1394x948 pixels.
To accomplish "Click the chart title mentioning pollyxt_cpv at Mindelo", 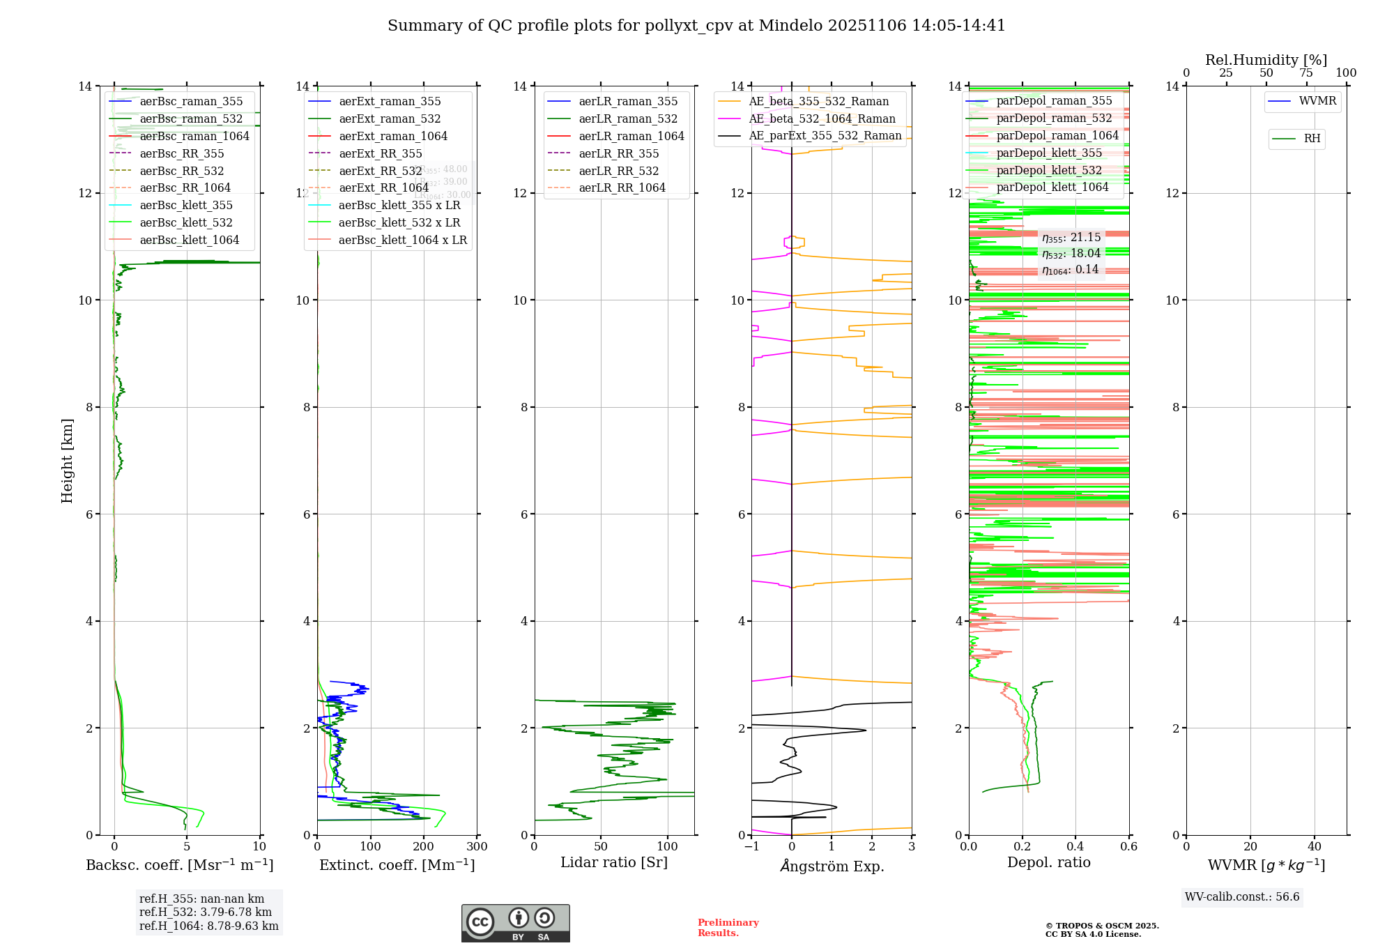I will point(696,26).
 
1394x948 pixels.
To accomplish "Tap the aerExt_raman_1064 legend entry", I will point(392,136).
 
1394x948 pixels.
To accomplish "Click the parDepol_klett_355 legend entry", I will point(1048,153).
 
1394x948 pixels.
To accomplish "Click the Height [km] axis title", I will point(67,460).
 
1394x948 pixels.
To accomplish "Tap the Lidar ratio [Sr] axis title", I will point(613,862).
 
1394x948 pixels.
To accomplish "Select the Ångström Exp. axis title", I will point(832,866).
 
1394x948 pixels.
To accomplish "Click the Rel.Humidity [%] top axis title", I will point(1266,60).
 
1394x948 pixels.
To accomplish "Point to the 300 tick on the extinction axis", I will point(477,847).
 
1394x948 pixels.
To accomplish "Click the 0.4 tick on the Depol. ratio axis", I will point(1075,847).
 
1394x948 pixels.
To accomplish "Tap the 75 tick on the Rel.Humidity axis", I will point(1306,73).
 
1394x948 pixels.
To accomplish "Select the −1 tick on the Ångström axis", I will point(751,847).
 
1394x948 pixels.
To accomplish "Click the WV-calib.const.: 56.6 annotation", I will point(1242,897).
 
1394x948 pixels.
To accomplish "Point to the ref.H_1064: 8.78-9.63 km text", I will point(208,926).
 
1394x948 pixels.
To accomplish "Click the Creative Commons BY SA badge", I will point(515,923).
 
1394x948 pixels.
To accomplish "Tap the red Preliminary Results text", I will point(728,927).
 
